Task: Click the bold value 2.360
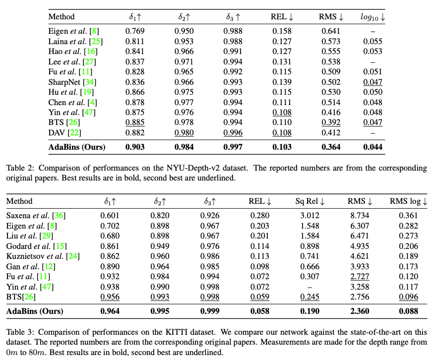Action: pos(357,311)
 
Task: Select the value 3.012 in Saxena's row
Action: pos(307,215)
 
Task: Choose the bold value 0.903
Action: pos(135,147)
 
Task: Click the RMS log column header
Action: pos(408,201)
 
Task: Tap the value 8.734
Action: pos(357,215)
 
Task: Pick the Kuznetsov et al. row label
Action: pos(43,256)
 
